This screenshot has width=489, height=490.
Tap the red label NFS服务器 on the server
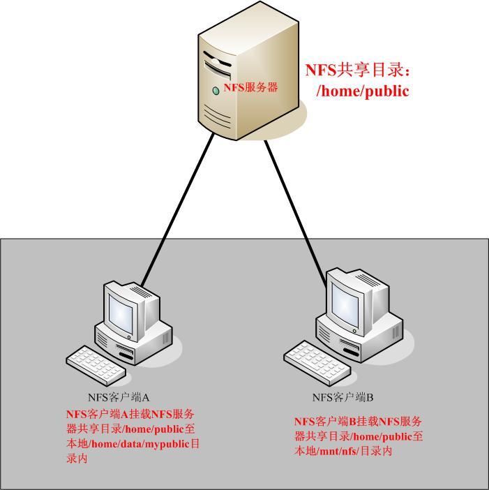pos(250,87)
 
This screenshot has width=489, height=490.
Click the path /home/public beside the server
pos(363,91)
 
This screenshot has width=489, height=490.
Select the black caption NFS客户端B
pos(343,398)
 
